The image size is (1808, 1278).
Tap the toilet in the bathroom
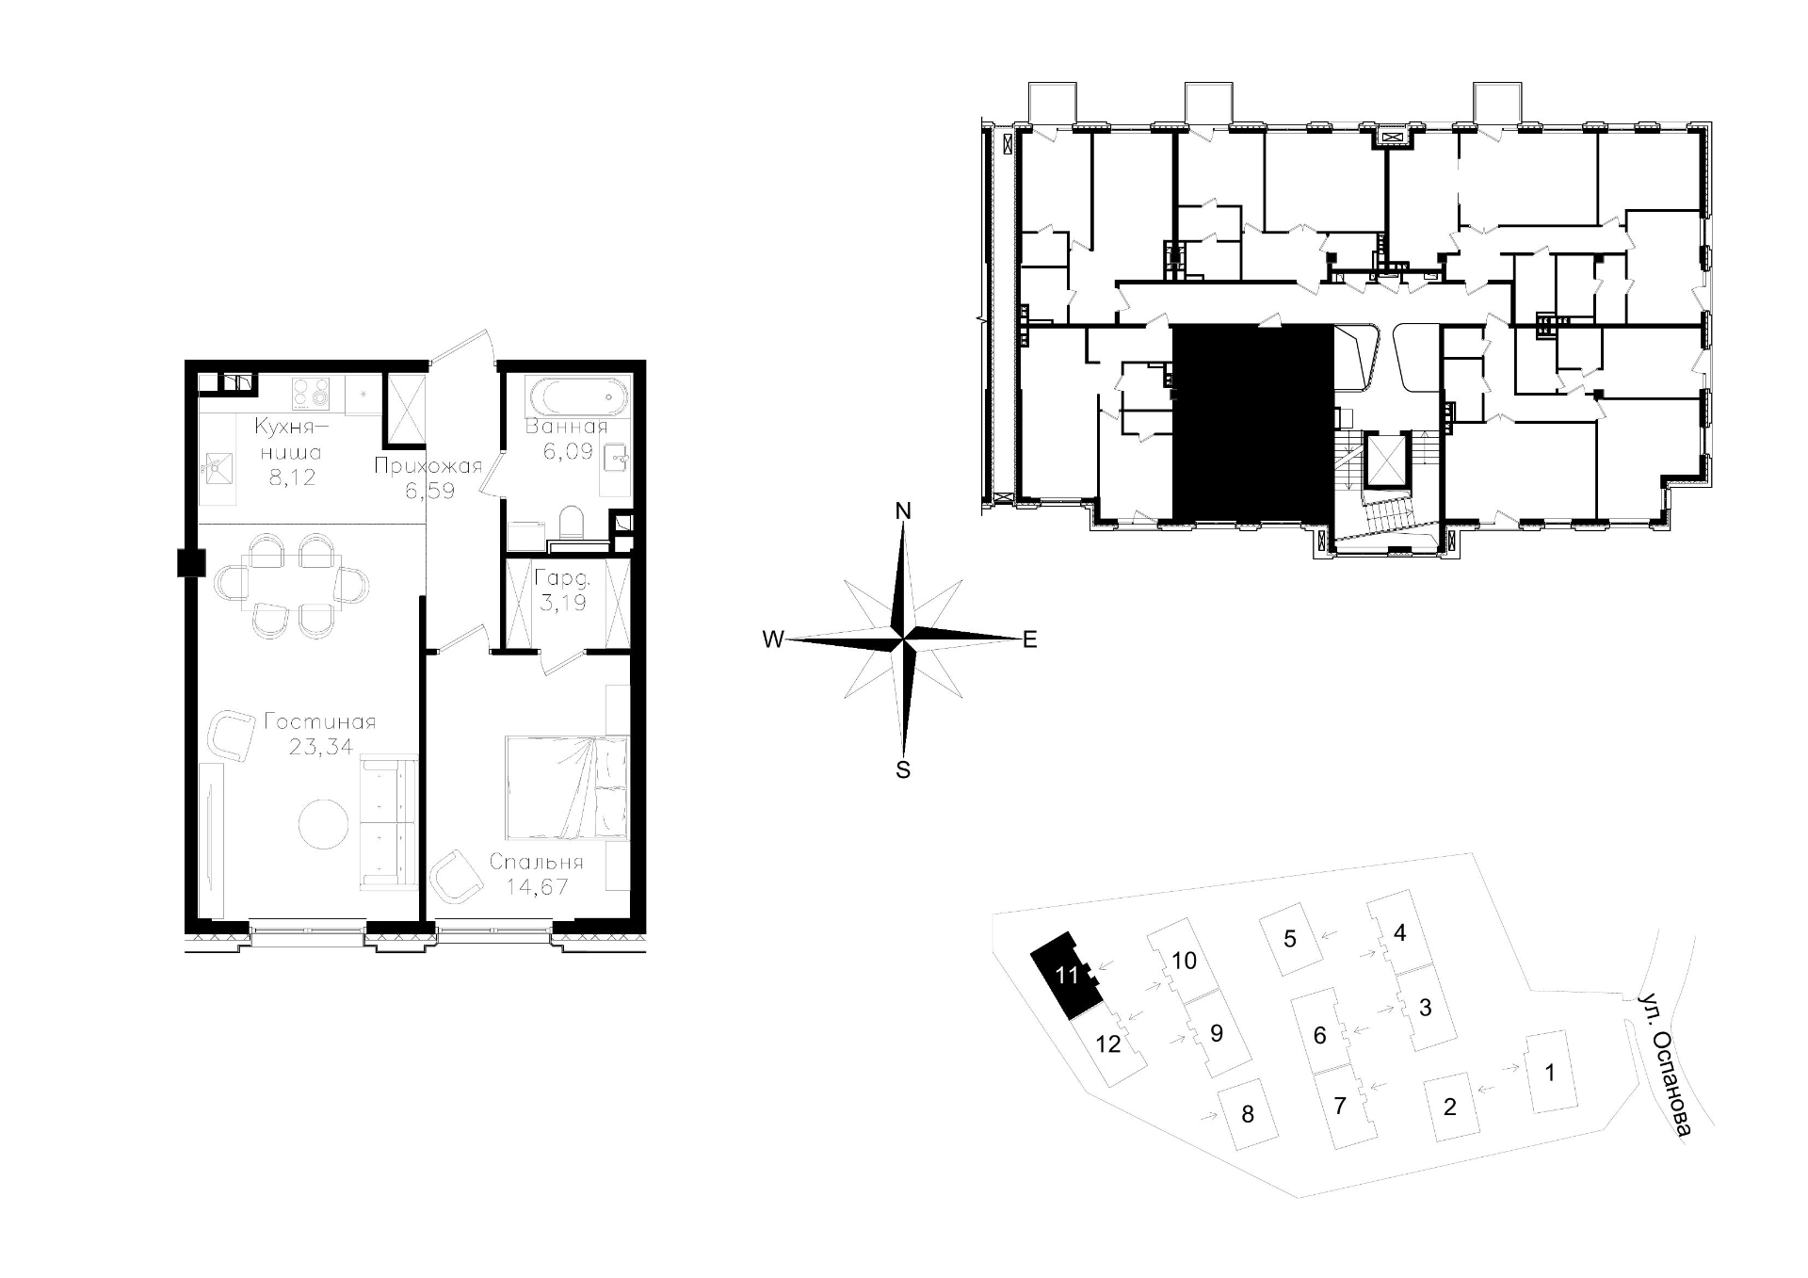point(572,523)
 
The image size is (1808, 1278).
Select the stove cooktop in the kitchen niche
point(312,393)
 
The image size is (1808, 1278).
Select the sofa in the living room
point(387,822)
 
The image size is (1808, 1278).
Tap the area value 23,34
point(319,747)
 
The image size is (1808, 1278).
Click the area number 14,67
point(537,886)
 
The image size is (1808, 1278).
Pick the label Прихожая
point(428,465)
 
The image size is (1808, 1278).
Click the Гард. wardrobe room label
point(561,579)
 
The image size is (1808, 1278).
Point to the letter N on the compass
point(903,511)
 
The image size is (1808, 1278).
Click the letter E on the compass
point(1029,640)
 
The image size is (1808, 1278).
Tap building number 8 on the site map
point(1248,1114)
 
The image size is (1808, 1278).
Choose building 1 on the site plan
point(1550,1072)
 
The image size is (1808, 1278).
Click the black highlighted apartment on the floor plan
point(1252,422)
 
